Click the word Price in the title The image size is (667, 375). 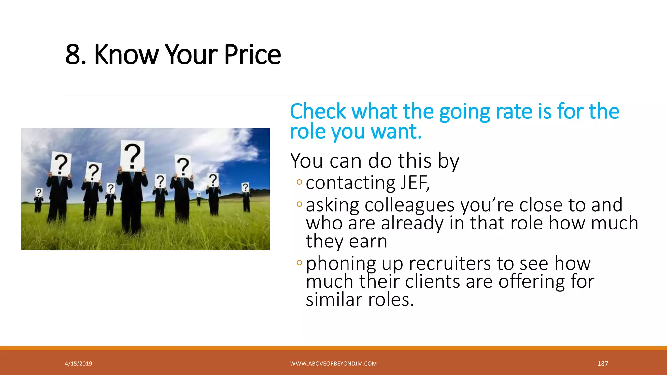[252, 54]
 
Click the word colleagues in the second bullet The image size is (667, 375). [409, 205]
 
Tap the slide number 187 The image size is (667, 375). [603, 364]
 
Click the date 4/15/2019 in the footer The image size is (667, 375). [78, 364]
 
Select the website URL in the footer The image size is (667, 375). [333, 364]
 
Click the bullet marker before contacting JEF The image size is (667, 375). [299, 182]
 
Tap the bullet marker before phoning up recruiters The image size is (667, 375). [299, 262]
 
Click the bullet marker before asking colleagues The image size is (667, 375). [299, 204]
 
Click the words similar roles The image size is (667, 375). [360, 299]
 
